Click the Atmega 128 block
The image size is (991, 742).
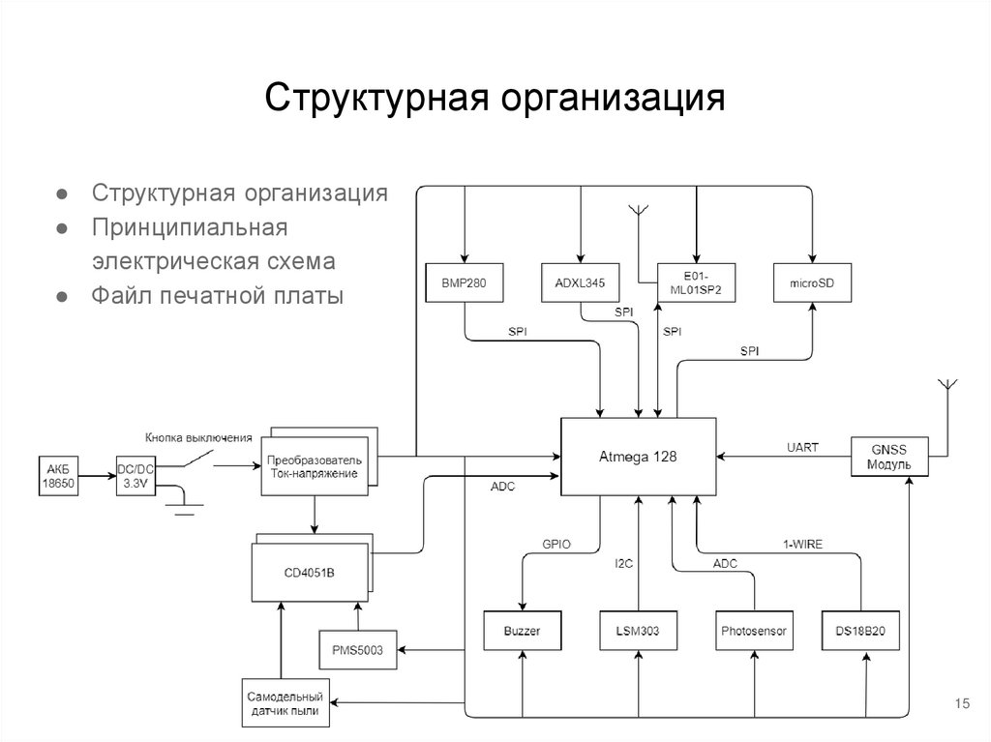(x=640, y=457)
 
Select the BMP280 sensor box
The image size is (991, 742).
(x=464, y=282)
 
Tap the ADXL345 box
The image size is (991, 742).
(x=580, y=282)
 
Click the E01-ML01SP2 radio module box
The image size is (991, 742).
(x=696, y=282)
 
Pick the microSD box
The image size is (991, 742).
(x=811, y=282)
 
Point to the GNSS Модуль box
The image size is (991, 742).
(x=888, y=457)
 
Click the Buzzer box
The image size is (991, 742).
(x=522, y=631)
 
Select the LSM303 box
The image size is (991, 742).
(x=638, y=631)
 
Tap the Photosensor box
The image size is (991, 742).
(x=754, y=631)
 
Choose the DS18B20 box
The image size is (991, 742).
(x=860, y=631)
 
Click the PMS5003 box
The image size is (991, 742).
(x=357, y=650)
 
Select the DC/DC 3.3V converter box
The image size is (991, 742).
(x=135, y=476)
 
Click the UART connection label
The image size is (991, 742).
(x=802, y=447)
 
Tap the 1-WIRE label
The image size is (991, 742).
(x=802, y=545)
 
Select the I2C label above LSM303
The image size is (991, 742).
(x=624, y=563)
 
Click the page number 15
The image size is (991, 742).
(x=962, y=703)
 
